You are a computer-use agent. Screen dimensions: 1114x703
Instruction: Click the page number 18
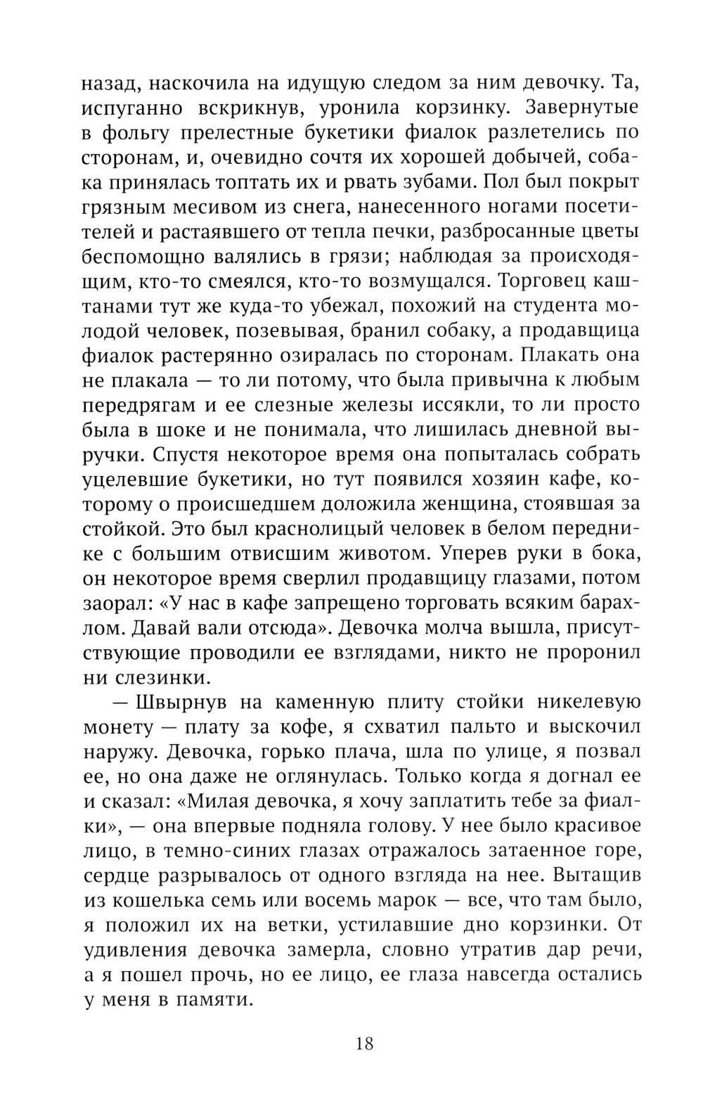click(x=365, y=1042)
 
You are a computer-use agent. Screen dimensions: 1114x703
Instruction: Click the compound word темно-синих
click(x=231, y=850)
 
